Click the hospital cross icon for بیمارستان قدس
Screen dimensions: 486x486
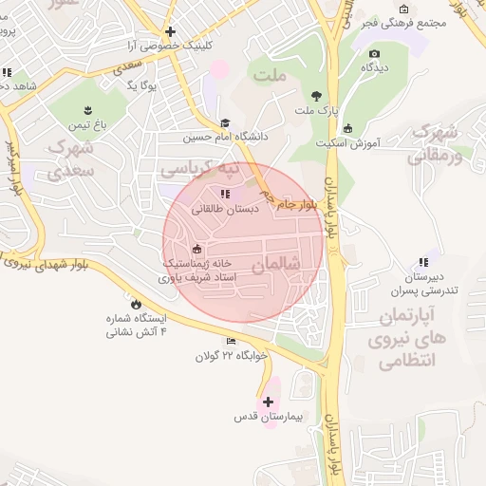[x=269, y=402]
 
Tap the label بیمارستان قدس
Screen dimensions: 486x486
[x=269, y=417]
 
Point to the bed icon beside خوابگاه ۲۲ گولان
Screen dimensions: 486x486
[x=231, y=342]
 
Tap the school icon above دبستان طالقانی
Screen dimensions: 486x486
[x=224, y=194]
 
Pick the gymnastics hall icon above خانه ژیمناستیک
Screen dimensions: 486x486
[x=196, y=249]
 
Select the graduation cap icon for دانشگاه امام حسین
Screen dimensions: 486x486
[x=225, y=123]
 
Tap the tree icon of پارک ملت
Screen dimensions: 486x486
[x=316, y=96]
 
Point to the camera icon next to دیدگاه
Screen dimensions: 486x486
[x=375, y=54]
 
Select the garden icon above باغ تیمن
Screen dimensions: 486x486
[x=87, y=109]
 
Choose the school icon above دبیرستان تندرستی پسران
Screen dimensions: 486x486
[x=422, y=262]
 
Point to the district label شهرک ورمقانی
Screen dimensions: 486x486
[x=438, y=142]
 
